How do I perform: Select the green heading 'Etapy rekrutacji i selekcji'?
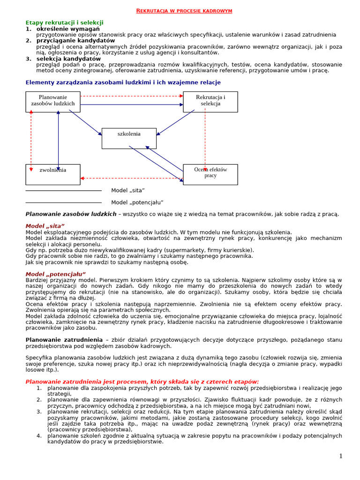(64, 22)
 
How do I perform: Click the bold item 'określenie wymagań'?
(68, 29)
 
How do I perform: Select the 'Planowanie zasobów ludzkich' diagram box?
(52, 101)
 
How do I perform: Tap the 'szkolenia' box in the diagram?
(129, 138)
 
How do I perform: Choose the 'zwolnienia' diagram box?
(52, 174)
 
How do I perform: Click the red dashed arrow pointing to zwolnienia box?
(131, 178)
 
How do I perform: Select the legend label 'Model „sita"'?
(128, 190)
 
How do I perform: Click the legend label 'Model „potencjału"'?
(137, 202)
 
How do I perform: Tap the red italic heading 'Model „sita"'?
(45, 226)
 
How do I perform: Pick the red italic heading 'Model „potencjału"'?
(55, 274)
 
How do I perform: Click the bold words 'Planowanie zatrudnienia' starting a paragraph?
(64, 340)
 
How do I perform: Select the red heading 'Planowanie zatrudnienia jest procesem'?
(142, 382)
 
